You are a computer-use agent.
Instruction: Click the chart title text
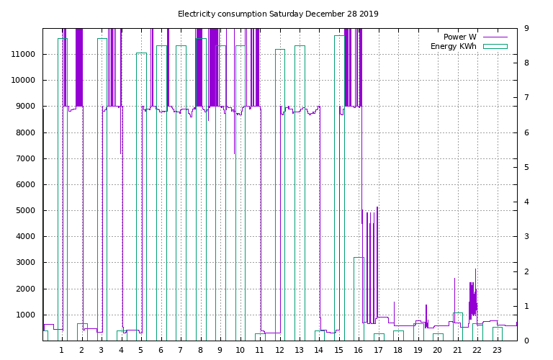click(x=278, y=14)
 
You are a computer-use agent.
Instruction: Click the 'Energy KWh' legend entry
click(x=454, y=46)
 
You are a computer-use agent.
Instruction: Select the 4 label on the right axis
click(x=527, y=202)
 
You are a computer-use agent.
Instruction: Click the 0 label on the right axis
click(x=527, y=341)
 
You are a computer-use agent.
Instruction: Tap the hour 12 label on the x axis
click(x=279, y=350)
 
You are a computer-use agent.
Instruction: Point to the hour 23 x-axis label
click(x=497, y=350)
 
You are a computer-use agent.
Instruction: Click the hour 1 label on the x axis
click(x=61, y=350)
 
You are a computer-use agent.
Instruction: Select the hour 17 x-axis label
click(x=378, y=350)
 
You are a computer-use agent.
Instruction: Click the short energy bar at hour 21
click(x=457, y=326)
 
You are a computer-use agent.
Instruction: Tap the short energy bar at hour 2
click(x=81, y=332)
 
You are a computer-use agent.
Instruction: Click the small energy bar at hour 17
click(x=379, y=337)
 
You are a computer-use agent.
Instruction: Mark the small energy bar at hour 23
click(x=497, y=333)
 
